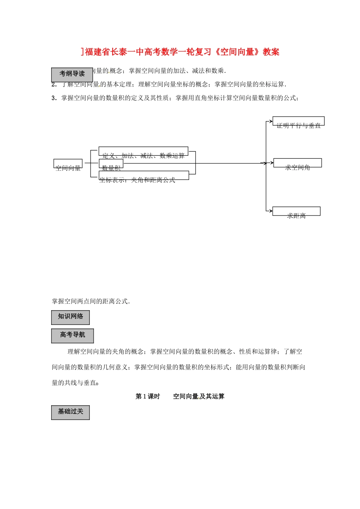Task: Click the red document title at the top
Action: [180, 52]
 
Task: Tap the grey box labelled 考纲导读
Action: [72, 74]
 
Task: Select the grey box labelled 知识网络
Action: [70, 317]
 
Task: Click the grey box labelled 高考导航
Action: [72, 336]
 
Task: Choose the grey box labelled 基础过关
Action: [70, 412]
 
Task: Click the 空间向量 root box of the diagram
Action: [68, 164]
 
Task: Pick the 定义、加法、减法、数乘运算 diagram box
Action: [143, 151]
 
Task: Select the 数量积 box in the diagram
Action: [111, 164]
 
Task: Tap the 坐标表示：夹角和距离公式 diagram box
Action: [144, 175]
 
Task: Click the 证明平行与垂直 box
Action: [299, 121]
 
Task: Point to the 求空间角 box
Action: [297, 163]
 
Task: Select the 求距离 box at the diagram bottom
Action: [296, 211]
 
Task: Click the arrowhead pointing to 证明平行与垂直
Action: [271, 122]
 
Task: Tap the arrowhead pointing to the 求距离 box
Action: [270, 211]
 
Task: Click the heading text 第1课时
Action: [148, 397]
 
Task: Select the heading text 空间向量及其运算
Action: [199, 397]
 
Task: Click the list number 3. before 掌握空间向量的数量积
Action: [54, 98]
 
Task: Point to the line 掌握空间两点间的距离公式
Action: [91, 301]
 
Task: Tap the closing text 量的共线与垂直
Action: [75, 383]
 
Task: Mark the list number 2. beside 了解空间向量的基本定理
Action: [54, 84]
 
